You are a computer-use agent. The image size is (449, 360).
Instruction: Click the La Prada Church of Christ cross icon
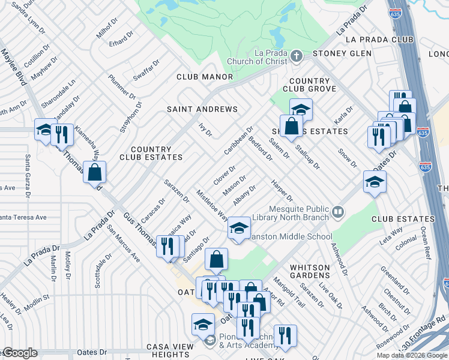point(295,57)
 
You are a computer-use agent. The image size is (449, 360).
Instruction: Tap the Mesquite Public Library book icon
point(339,211)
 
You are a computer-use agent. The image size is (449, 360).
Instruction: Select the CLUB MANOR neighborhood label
point(204,77)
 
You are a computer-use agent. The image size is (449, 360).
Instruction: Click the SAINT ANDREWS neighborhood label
point(202,110)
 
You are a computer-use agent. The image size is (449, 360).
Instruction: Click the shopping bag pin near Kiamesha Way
point(95,172)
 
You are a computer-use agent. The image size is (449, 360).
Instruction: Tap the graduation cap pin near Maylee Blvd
point(44,130)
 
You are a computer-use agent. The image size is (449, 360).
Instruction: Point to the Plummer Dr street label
point(122,87)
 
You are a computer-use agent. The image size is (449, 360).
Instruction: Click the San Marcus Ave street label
point(123,244)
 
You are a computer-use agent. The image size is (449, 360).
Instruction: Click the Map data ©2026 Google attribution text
point(411,355)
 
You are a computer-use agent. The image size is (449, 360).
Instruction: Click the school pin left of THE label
point(375,182)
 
